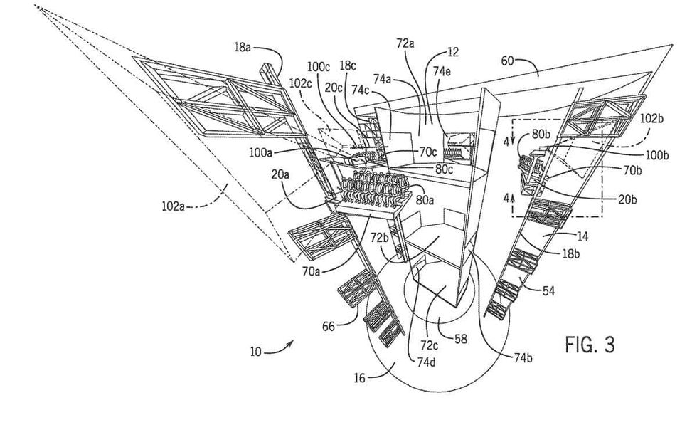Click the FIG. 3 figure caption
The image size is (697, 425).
[590, 345]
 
